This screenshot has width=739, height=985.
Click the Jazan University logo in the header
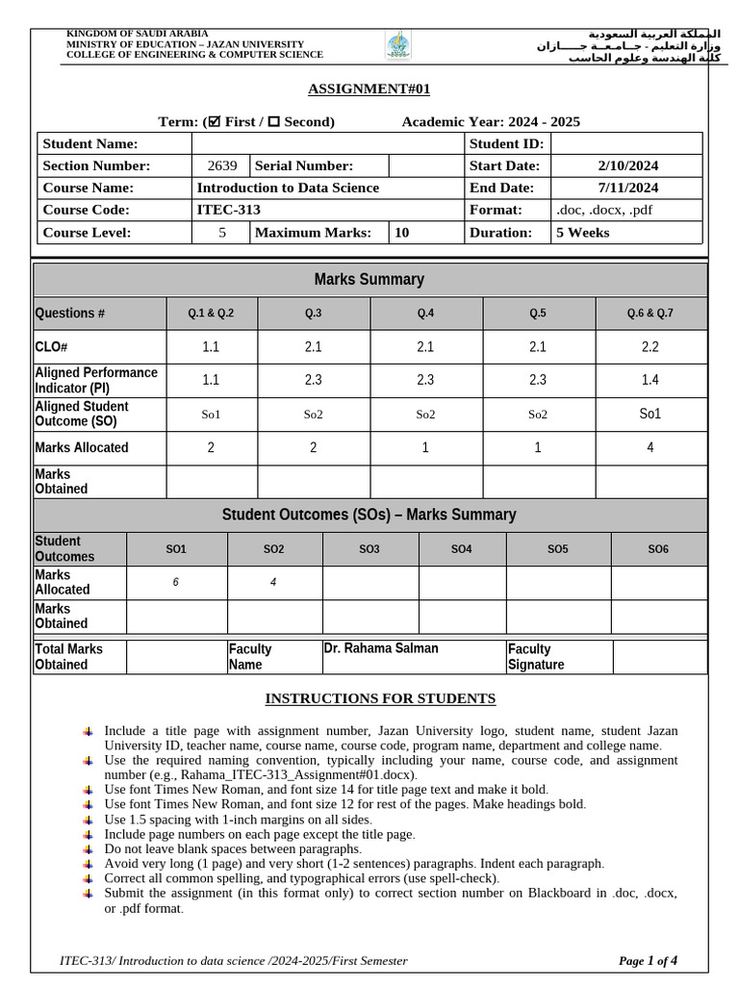[397, 44]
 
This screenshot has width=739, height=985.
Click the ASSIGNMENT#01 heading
[369, 89]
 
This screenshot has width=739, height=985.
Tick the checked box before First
[216, 121]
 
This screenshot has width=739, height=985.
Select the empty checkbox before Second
[273, 121]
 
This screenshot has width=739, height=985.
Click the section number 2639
[221, 165]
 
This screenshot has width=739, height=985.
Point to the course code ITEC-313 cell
[229, 210]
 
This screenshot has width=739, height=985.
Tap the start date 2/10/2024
[627, 165]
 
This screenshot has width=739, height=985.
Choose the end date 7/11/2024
[627, 188]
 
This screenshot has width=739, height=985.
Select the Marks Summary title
[369, 280]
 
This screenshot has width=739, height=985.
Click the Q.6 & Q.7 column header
[650, 314]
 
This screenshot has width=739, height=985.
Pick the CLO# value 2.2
[650, 347]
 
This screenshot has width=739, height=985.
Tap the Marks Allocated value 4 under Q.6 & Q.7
[650, 447]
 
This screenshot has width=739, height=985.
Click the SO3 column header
[369, 549]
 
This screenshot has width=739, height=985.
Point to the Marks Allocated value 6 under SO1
[175, 582]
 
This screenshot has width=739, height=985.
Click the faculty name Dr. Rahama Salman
[381, 648]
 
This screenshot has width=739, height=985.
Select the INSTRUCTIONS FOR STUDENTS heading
[380, 698]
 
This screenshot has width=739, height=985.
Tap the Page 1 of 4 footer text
[648, 960]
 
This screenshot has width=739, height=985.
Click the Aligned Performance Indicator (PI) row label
[96, 380]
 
